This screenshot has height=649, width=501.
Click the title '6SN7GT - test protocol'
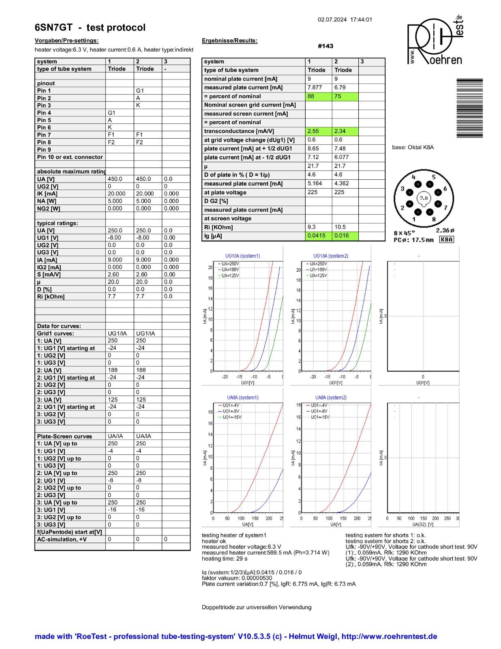click(x=90, y=28)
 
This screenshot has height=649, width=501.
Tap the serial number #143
click(x=325, y=46)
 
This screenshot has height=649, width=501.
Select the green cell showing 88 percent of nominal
click(x=318, y=96)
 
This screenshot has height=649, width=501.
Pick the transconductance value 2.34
click(x=345, y=131)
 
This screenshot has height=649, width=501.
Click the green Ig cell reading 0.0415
click(x=318, y=236)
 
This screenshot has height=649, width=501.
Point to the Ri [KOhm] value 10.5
click(x=345, y=227)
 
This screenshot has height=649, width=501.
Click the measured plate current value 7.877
click(x=318, y=88)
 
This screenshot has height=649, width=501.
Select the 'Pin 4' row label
click(x=44, y=113)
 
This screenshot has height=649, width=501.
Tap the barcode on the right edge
click(x=469, y=108)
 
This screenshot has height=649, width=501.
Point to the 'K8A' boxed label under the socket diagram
click(x=446, y=240)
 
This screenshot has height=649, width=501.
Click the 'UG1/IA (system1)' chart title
click(x=242, y=256)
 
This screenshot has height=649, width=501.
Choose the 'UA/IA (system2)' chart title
click(x=331, y=398)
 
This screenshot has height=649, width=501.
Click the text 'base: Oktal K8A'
click(x=413, y=147)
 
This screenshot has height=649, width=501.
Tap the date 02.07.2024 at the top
click(x=332, y=19)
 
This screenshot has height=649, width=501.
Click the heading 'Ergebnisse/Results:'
click(x=229, y=41)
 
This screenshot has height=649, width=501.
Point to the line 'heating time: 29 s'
click(x=225, y=559)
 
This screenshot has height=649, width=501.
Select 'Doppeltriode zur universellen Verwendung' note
click(x=257, y=607)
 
